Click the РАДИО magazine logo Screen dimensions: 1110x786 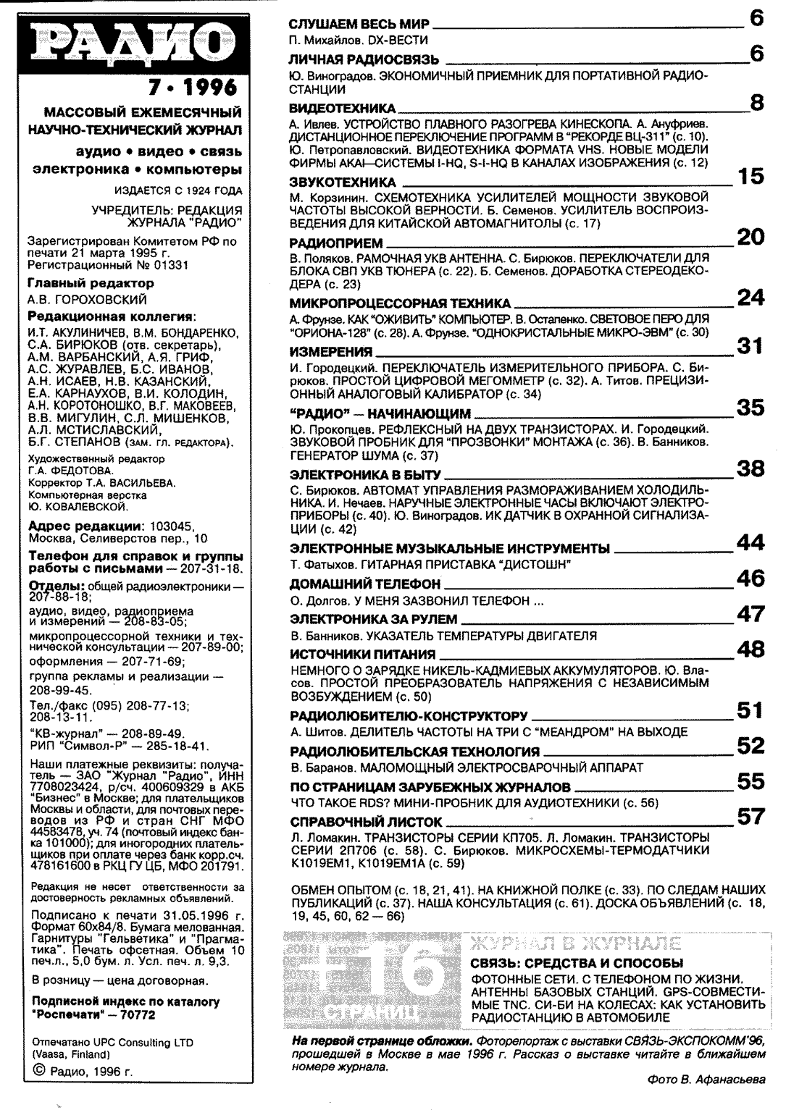tap(131, 43)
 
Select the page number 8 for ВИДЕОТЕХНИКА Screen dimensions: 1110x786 tap(756, 103)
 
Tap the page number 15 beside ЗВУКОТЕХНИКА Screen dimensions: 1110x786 tap(751, 176)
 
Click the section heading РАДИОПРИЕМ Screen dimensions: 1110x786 tap(336, 243)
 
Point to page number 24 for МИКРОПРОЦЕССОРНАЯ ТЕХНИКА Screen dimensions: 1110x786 tap(751, 297)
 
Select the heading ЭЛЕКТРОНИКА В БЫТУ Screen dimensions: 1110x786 tap(365, 475)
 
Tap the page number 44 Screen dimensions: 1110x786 tap(751, 542)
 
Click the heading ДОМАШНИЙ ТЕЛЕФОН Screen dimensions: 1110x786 tap(365, 584)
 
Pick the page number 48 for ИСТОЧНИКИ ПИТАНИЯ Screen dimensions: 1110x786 tap(751, 649)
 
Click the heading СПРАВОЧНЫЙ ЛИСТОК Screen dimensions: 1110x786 tap(366, 822)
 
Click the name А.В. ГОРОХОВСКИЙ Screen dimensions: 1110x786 tap(86, 299)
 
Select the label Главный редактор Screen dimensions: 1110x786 tap(90, 283)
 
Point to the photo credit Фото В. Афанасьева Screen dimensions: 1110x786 tap(706, 1080)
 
